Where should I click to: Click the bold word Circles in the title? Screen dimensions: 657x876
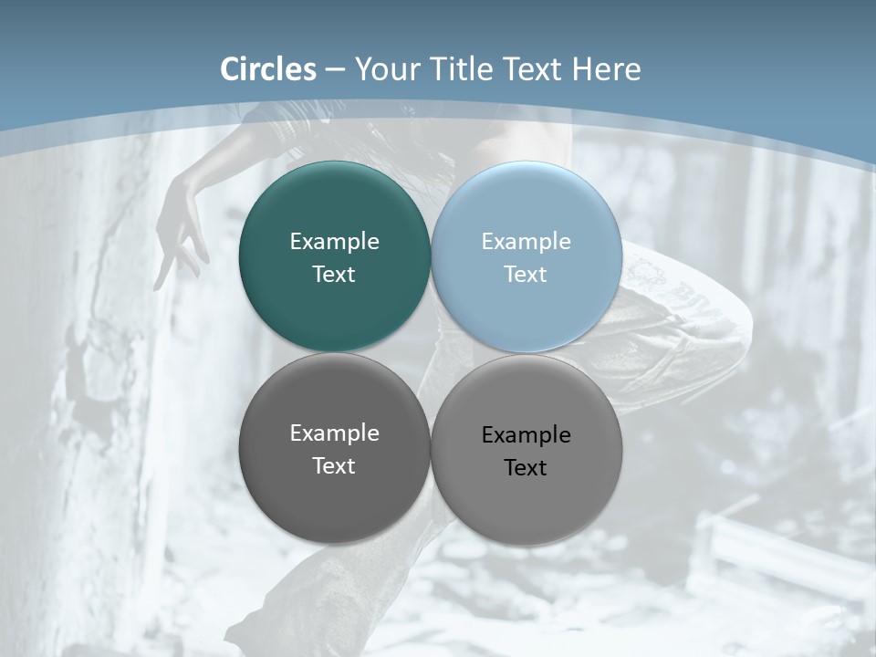pos(268,69)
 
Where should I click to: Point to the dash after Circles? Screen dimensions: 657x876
pos(335,70)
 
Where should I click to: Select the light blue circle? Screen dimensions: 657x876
pos(526,310)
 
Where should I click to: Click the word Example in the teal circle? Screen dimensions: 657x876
pos(334,241)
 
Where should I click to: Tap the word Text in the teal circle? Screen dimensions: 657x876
pos(334,274)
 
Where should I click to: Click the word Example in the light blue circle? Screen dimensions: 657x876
pos(526,241)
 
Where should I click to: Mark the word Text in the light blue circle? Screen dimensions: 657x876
pos(526,274)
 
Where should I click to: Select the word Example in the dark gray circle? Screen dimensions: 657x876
pos(334,433)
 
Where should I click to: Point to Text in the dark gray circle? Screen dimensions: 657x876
pos(334,465)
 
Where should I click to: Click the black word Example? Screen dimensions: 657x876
pos(526,434)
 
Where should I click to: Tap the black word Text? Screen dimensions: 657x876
pos(526,467)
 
